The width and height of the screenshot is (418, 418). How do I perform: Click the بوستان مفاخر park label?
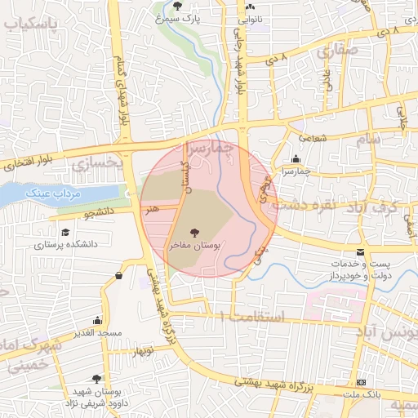193,244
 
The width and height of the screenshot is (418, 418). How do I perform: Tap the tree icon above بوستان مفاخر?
193,232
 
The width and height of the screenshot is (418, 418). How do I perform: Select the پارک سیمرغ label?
180,17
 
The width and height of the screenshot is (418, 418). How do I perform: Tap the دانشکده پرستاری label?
66,244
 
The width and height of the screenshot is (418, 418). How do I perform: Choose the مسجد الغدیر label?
97,333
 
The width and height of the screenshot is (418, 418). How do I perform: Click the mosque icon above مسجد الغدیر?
98,321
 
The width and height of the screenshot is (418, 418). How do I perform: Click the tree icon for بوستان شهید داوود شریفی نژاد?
97,379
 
